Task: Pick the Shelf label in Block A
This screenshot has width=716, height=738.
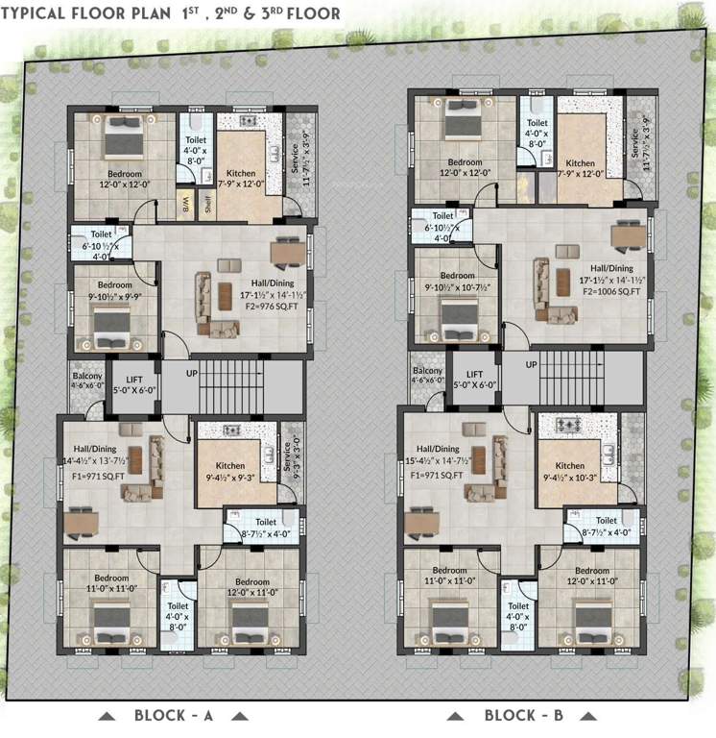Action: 206,204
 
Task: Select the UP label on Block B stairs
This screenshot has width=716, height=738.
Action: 531,364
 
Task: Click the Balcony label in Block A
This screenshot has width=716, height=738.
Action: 82,370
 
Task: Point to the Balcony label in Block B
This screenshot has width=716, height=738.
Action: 427,376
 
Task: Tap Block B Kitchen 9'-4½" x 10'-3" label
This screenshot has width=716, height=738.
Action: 570,471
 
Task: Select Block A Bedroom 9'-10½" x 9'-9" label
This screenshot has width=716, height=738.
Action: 114,291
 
